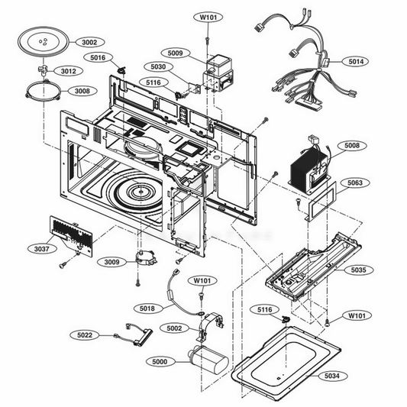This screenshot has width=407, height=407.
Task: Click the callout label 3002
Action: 89,42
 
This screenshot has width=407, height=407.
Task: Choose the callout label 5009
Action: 175,53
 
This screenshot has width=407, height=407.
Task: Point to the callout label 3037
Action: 41,249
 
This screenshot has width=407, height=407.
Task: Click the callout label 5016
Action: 98,57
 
